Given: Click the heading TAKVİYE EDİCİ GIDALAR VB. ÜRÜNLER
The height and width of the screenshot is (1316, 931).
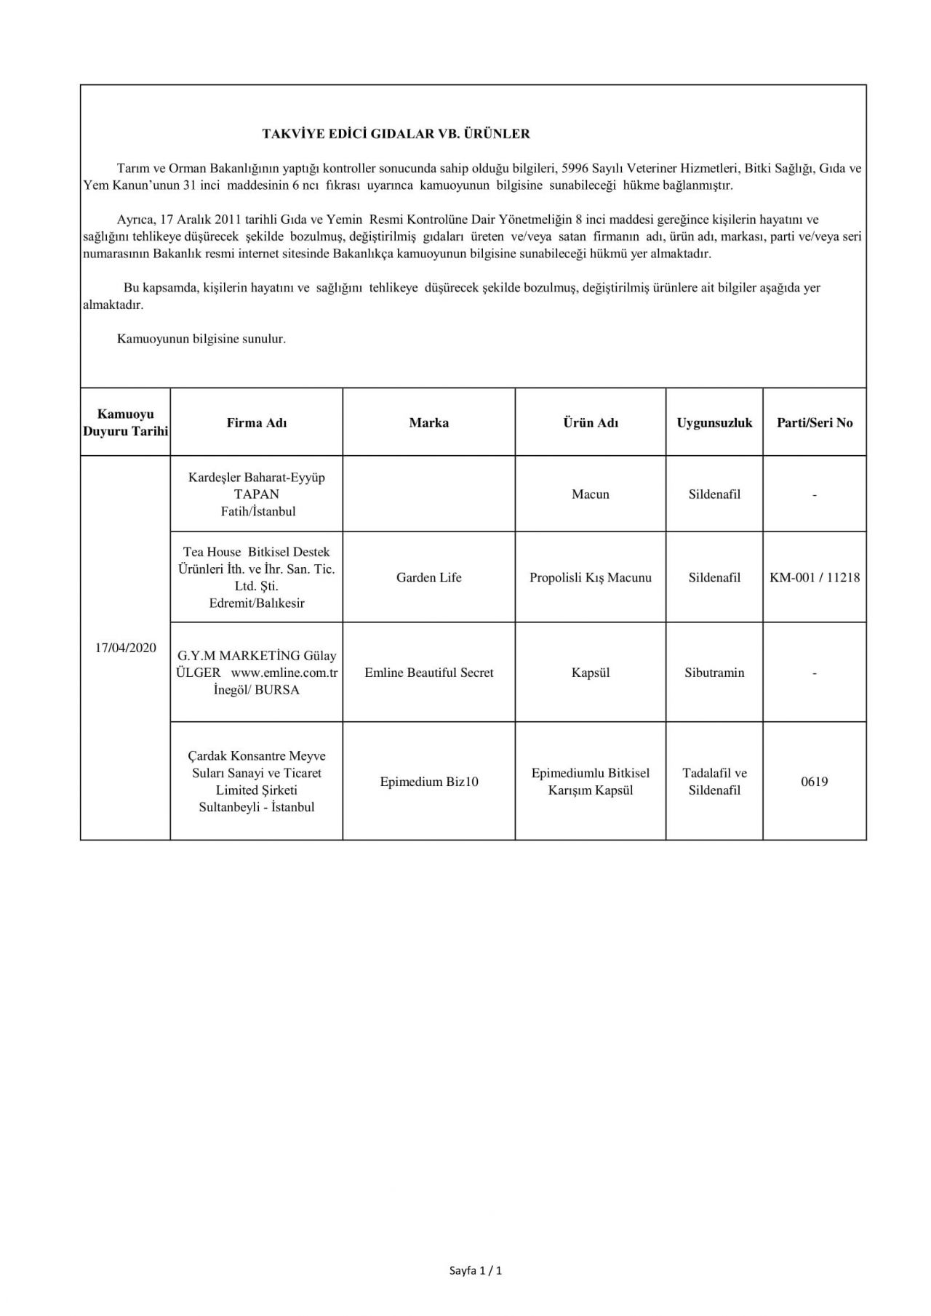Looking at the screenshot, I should [396, 134].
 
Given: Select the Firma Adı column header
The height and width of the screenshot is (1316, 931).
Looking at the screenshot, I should [257, 422].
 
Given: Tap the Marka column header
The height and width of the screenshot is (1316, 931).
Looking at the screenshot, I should [428, 422].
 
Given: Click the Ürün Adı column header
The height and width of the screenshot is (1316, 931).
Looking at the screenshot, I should [591, 422].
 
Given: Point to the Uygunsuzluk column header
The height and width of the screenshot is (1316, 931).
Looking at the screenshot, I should [714, 422].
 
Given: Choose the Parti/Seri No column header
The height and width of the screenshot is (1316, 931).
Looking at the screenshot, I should [815, 422].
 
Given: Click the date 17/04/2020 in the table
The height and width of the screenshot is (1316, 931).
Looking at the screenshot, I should [126, 648].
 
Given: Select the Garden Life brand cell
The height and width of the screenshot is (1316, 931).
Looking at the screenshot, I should [428, 577].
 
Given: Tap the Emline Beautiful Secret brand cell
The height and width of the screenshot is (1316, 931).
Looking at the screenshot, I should [428, 673].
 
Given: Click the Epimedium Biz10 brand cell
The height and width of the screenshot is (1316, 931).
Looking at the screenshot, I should [428, 782].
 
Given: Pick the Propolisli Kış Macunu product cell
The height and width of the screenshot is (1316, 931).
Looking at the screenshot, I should [591, 577].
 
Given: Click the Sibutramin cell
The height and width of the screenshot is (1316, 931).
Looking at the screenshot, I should [714, 673].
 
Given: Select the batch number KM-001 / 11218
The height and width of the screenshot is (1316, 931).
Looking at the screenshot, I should [815, 577].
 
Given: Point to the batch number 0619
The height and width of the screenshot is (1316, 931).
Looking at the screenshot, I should [815, 782].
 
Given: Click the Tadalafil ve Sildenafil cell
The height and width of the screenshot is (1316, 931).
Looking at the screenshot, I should [714, 782].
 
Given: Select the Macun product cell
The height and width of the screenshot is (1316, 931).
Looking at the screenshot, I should [591, 494].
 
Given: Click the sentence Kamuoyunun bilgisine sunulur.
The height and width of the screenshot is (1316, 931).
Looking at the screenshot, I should [201, 339].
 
